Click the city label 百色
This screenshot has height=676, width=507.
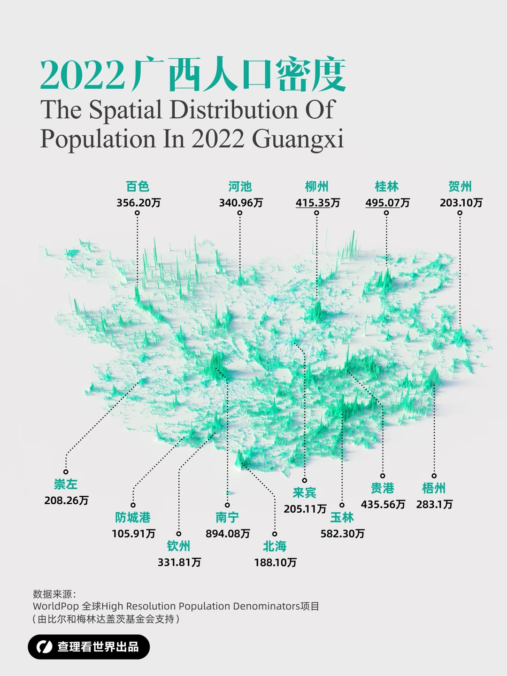pos(138,186)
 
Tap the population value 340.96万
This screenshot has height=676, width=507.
pos(241,203)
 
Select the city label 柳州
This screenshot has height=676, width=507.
pos(317,186)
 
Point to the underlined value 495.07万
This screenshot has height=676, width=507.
pos(387,203)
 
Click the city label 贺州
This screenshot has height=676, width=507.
pos(460,186)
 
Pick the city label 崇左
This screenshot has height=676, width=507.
pos(66,484)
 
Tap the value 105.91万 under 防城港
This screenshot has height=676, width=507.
pos(133,534)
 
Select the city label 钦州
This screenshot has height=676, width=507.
pos(179,546)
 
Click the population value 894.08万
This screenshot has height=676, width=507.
pos(228,534)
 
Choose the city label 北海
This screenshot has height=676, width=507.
pos(275,546)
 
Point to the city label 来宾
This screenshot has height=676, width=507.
pos(305,492)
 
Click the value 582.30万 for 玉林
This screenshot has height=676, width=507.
pos(342,534)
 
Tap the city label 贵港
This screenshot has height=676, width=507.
pos(383,488)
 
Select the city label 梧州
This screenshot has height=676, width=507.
pos(434,488)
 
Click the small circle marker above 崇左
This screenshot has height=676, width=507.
pos(66,472)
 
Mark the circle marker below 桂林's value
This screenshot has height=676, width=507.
pos(386,213)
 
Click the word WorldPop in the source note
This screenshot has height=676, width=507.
pos(55,606)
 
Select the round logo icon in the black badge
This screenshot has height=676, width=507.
pos(45,647)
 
